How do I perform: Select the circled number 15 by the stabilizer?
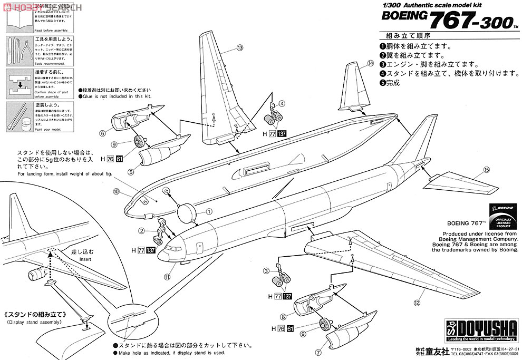click(x=486, y=170)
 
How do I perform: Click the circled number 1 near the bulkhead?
click(x=209, y=211)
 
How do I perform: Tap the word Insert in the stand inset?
click(x=71, y=259)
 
